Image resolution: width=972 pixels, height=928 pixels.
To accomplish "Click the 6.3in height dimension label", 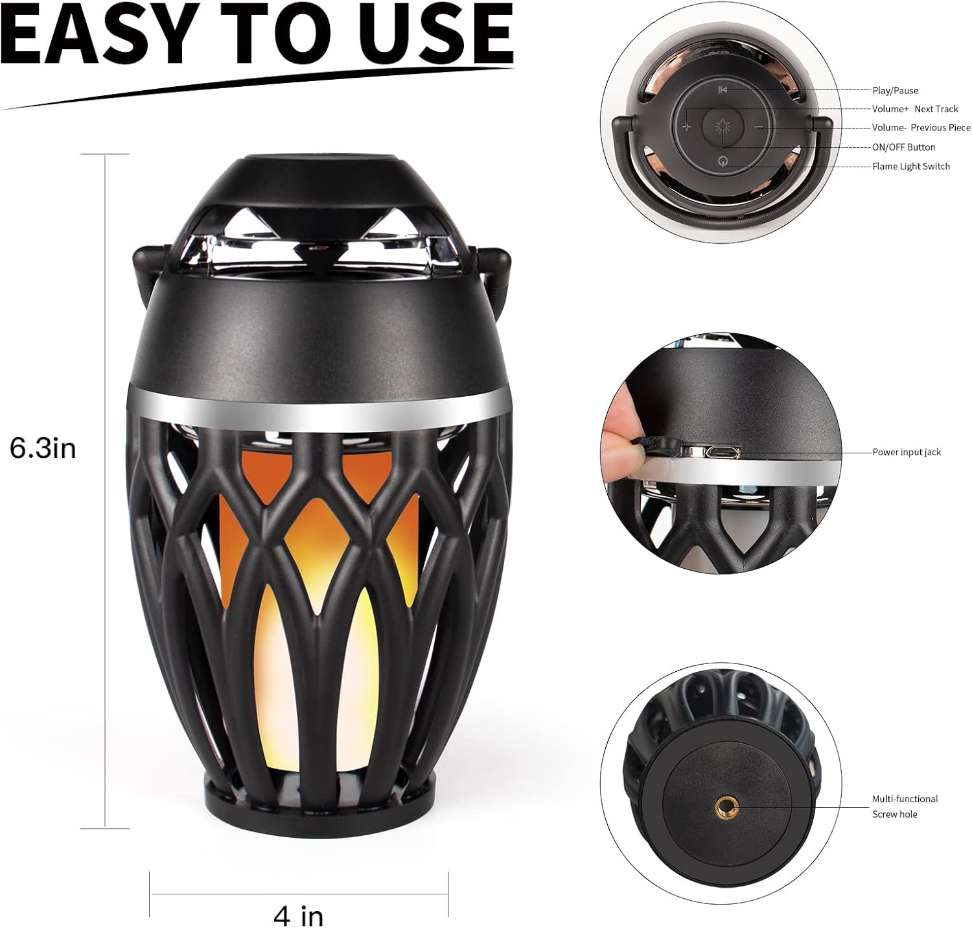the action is point(43,449).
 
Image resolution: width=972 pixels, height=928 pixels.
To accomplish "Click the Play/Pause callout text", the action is point(895,91).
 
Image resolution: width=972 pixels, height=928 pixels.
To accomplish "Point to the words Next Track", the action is point(936,109).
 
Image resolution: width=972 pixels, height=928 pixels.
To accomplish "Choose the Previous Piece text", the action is point(940,128).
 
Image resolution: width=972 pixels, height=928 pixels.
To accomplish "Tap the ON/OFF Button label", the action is point(903,147).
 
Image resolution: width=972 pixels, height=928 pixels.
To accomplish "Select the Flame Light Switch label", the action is point(910,166).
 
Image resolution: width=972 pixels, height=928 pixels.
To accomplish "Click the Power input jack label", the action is point(907,452).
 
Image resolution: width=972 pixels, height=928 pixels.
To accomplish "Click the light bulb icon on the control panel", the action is point(723,127).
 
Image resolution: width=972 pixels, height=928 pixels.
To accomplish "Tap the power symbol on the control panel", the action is point(723,161).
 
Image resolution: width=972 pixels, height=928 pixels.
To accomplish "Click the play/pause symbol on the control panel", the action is point(723,90).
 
